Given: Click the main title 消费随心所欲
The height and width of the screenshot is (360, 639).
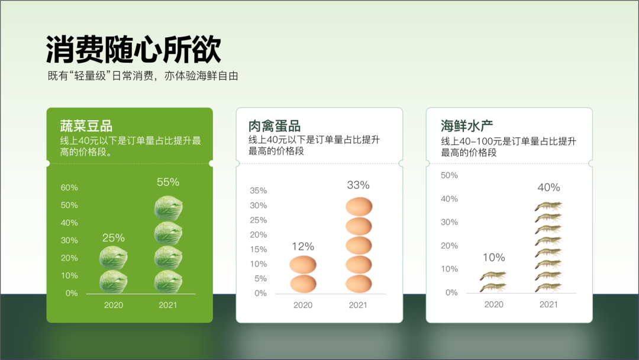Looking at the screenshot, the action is pyautogui.click(x=134, y=50).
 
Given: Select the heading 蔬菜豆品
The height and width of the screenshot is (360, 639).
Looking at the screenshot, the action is pyautogui.click(x=86, y=126).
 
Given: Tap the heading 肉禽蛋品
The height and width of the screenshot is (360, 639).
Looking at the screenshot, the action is pyautogui.click(x=275, y=126).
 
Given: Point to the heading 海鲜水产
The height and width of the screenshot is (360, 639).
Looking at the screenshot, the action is pyautogui.click(x=467, y=126).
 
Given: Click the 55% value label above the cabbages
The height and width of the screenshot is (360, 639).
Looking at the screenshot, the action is pyautogui.click(x=168, y=182).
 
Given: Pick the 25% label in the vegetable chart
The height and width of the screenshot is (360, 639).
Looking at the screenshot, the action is pyautogui.click(x=113, y=237).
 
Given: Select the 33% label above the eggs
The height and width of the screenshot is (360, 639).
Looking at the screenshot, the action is pyautogui.click(x=358, y=185).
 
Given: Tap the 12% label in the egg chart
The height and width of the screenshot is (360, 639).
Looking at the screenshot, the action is pyautogui.click(x=303, y=247).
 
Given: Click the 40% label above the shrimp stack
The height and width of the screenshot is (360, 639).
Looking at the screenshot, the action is pyautogui.click(x=548, y=188).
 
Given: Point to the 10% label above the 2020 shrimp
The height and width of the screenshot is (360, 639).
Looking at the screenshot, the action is pyautogui.click(x=494, y=258).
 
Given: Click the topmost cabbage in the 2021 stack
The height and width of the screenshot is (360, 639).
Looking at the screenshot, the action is pyautogui.click(x=168, y=208).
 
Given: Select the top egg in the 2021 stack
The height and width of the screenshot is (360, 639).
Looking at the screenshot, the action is pyautogui.click(x=359, y=206).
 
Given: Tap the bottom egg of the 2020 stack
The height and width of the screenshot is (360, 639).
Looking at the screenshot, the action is pyautogui.click(x=303, y=284).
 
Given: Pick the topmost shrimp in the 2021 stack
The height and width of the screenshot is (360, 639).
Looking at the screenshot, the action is pyautogui.click(x=548, y=206).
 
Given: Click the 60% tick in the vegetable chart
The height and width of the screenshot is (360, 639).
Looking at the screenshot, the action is pyautogui.click(x=69, y=188).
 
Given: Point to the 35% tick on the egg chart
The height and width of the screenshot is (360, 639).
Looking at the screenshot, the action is pyautogui.click(x=259, y=191).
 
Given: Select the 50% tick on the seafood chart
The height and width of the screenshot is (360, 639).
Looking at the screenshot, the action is pyautogui.click(x=449, y=175).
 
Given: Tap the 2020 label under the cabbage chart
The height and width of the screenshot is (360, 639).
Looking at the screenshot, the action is pyautogui.click(x=113, y=305).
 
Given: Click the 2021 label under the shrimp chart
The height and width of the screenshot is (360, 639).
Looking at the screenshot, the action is pyautogui.click(x=548, y=304).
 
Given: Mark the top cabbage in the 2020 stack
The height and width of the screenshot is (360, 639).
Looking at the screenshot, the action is pyautogui.click(x=113, y=258).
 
